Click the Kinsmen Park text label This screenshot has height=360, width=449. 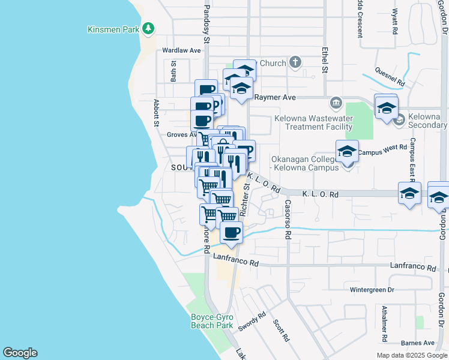113,29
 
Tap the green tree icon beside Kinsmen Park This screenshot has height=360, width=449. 148,29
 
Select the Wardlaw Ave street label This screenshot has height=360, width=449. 181,50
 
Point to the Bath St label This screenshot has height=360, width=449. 173,71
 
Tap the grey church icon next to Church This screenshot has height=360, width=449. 295,62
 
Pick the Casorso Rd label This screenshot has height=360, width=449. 288,220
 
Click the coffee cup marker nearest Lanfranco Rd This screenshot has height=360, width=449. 231,232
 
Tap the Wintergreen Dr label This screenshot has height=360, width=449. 372,289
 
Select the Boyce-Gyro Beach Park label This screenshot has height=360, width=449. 211,321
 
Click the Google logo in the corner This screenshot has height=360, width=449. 20,353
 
